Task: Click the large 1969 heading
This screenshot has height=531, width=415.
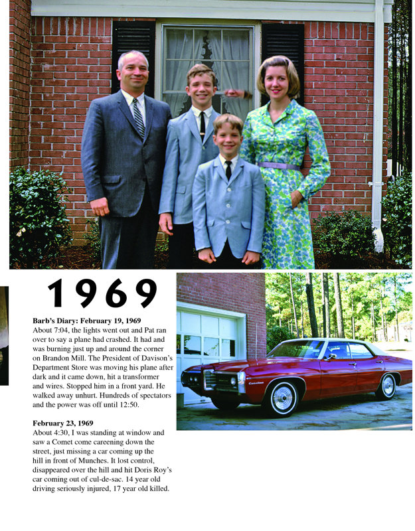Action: (102, 293)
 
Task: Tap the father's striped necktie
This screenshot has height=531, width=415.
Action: (138, 118)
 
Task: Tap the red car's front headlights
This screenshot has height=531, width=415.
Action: (194, 378)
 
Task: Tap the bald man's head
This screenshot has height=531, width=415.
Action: (133, 68)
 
